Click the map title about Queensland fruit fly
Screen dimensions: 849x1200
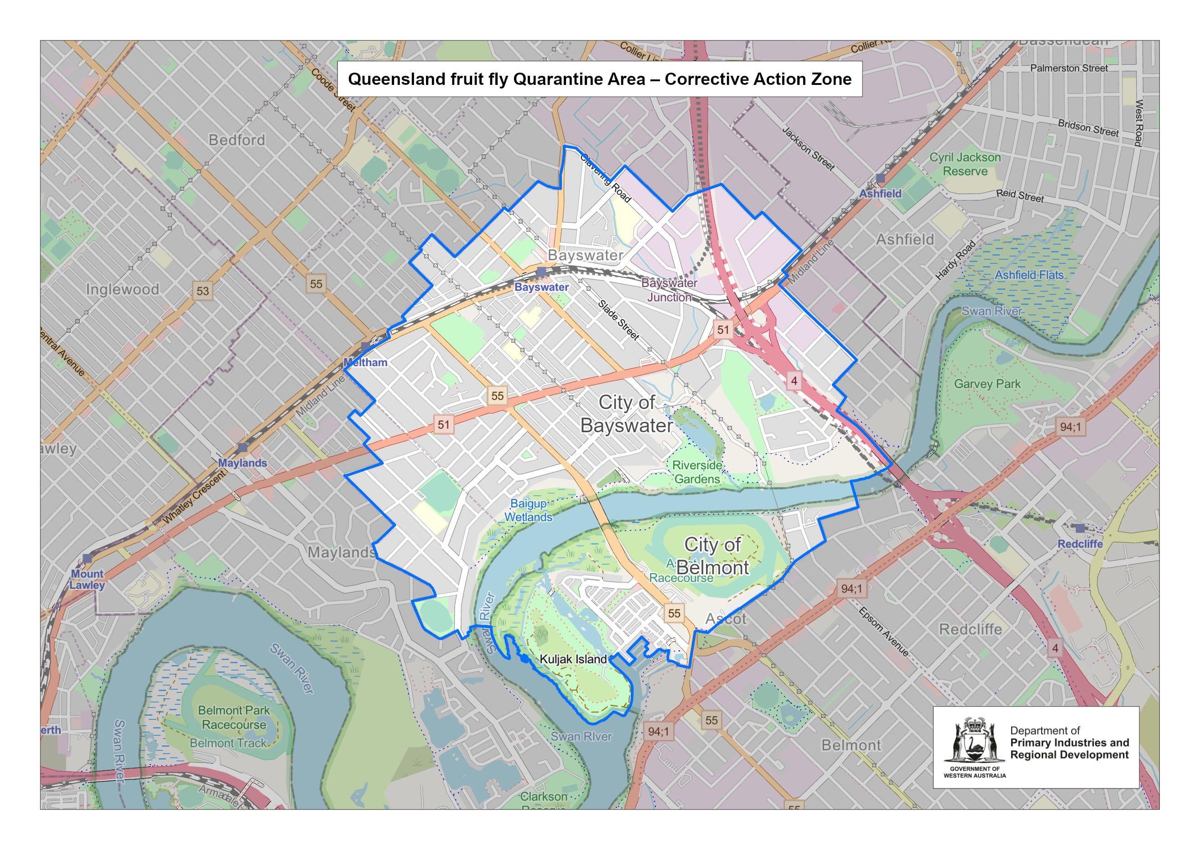pyautogui.click(x=599, y=79)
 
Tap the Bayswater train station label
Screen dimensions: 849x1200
pyautogui.click(x=541, y=287)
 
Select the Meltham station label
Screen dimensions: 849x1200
pyautogui.click(x=365, y=362)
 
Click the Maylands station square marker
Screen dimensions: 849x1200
pyautogui.click(x=242, y=448)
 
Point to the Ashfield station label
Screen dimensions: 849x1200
pyautogui.click(x=881, y=194)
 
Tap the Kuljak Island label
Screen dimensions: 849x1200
pyautogui.click(x=573, y=659)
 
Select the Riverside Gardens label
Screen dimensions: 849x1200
pyautogui.click(x=696, y=472)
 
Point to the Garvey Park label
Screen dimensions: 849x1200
pyautogui.click(x=987, y=384)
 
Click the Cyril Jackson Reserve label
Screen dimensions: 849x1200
pyautogui.click(x=965, y=164)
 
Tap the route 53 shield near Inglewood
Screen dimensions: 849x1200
pyautogui.click(x=203, y=291)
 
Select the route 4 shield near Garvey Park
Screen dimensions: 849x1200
pyautogui.click(x=794, y=380)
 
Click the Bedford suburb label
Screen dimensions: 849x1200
pyautogui.click(x=237, y=140)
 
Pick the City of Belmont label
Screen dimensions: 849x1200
pyautogui.click(x=712, y=556)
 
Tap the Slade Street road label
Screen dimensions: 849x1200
pyautogui.click(x=618, y=320)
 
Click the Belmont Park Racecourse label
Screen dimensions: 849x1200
pyautogui.click(x=234, y=718)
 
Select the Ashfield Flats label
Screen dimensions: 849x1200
pyautogui.click(x=1029, y=275)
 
